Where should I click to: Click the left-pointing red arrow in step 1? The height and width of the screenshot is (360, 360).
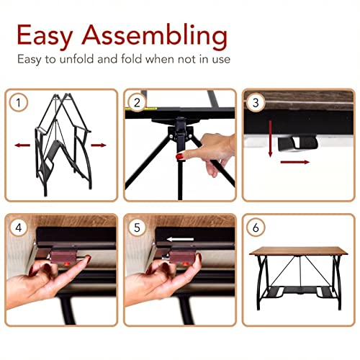coord(23,145)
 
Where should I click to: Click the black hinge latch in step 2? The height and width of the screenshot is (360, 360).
coord(176,130)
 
